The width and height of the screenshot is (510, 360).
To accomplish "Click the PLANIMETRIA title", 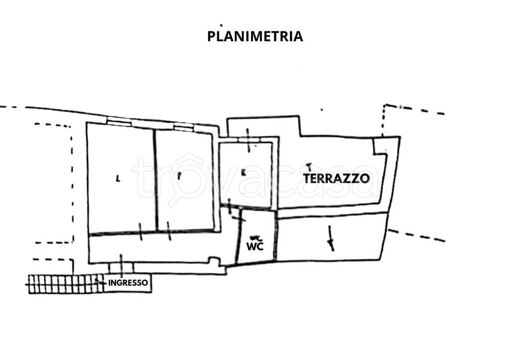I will point(255,36).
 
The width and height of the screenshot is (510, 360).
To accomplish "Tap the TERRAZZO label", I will point(336,178).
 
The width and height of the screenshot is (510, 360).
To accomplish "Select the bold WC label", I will point(255,246).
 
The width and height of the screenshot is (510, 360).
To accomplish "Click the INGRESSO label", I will point(128,283).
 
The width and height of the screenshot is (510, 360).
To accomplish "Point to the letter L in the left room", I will point(118,178).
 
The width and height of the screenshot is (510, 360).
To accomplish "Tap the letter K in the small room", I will point(243,173).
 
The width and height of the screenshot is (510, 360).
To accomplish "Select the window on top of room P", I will point(183,127).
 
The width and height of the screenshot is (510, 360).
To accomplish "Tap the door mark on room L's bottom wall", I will point(140,232).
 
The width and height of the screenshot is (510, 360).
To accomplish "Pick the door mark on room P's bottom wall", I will point(169,231).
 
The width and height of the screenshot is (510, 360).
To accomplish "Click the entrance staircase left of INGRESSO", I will point(65,284).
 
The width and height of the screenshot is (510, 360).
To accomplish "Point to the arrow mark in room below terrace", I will point(330,238).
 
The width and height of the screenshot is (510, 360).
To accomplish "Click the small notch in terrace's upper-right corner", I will point(381,146).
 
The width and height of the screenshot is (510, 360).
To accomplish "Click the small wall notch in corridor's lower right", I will point(215,260).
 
